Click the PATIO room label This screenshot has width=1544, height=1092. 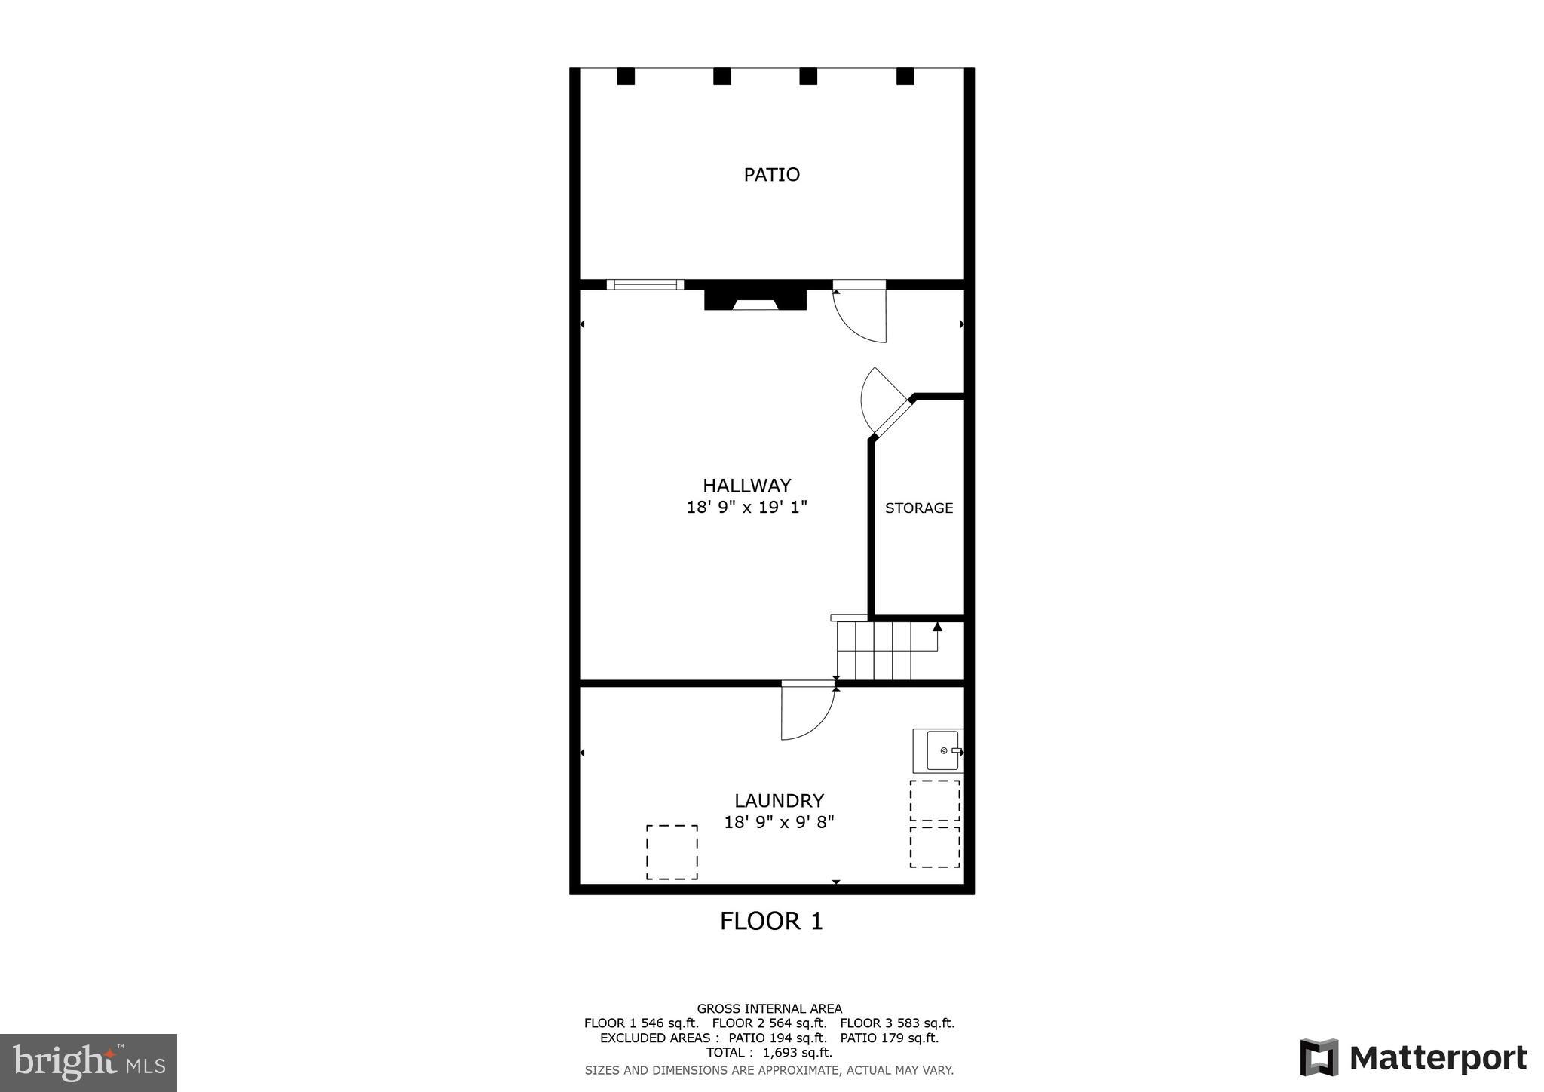pyautogui.click(x=771, y=175)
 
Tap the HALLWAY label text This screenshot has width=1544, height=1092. pyautogui.click(x=746, y=486)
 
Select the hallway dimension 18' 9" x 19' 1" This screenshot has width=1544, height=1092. pyautogui.click(x=746, y=508)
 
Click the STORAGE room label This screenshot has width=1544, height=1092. pyautogui.click(x=918, y=508)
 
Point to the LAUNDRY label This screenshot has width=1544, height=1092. pyautogui.click(x=779, y=800)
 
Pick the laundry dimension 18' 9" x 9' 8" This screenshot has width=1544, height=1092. pyautogui.click(x=779, y=822)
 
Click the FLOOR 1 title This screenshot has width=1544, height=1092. pyautogui.click(x=771, y=921)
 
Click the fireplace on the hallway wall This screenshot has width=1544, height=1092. pyautogui.click(x=755, y=296)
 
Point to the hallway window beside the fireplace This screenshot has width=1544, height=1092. pyautogui.click(x=645, y=284)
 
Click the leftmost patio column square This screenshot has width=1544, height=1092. pyautogui.click(x=626, y=76)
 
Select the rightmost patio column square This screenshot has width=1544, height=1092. pyautogui.click(x=905, y=76)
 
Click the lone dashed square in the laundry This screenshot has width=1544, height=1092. pyautogui.click(x=671, y=852)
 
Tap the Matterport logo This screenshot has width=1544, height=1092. pyautogui.click(x=1413, y=1057)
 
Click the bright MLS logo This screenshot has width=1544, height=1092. pyautogui.click(x=89, y=1063)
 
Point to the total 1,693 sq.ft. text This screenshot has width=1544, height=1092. pyautogui.click(x=769, y=1052)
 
